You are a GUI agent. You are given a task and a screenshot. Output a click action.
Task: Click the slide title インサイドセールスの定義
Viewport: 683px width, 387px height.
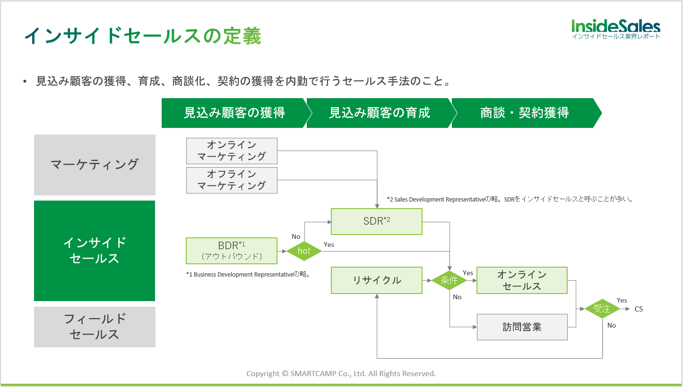point(142,36)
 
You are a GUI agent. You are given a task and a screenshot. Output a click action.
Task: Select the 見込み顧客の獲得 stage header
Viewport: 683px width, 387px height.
point(234,113)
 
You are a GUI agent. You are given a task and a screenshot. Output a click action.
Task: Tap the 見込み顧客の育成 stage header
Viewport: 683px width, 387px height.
point(380,113)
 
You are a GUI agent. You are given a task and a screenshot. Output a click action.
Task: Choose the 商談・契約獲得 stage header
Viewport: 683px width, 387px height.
point(525,113)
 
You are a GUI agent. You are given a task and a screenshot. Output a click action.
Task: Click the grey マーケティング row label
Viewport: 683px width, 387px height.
point(95,165)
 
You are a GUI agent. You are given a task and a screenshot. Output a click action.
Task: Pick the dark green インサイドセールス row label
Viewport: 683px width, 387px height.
point(95,251)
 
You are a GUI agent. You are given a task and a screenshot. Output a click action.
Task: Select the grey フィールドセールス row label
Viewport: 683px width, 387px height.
point(95,327)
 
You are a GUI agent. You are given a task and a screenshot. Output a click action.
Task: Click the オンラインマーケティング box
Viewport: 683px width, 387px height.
point(232,151)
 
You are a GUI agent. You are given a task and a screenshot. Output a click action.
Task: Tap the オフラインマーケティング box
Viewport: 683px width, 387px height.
point(232,180)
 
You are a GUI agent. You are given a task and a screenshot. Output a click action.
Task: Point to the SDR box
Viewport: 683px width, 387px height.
point(376,221)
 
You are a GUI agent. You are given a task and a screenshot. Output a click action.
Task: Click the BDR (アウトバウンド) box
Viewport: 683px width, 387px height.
point(232,251)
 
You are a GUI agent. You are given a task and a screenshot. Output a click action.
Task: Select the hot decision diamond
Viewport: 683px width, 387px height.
point(304,251)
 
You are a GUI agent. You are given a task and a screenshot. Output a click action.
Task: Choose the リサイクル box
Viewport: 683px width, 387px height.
point(376,280)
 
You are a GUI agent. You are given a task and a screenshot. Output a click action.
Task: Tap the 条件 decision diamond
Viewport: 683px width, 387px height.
point(449,280)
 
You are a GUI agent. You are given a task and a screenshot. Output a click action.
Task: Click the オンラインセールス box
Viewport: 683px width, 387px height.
point(522,280)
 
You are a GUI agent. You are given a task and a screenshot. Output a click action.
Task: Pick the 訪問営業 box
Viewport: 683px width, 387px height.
point(522,327)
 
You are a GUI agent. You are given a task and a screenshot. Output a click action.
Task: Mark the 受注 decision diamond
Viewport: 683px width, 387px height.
point(602,309)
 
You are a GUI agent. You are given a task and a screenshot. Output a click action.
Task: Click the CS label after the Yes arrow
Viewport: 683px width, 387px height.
point(639,309)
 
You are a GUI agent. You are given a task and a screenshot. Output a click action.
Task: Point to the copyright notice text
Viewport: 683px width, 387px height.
point(341,373)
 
